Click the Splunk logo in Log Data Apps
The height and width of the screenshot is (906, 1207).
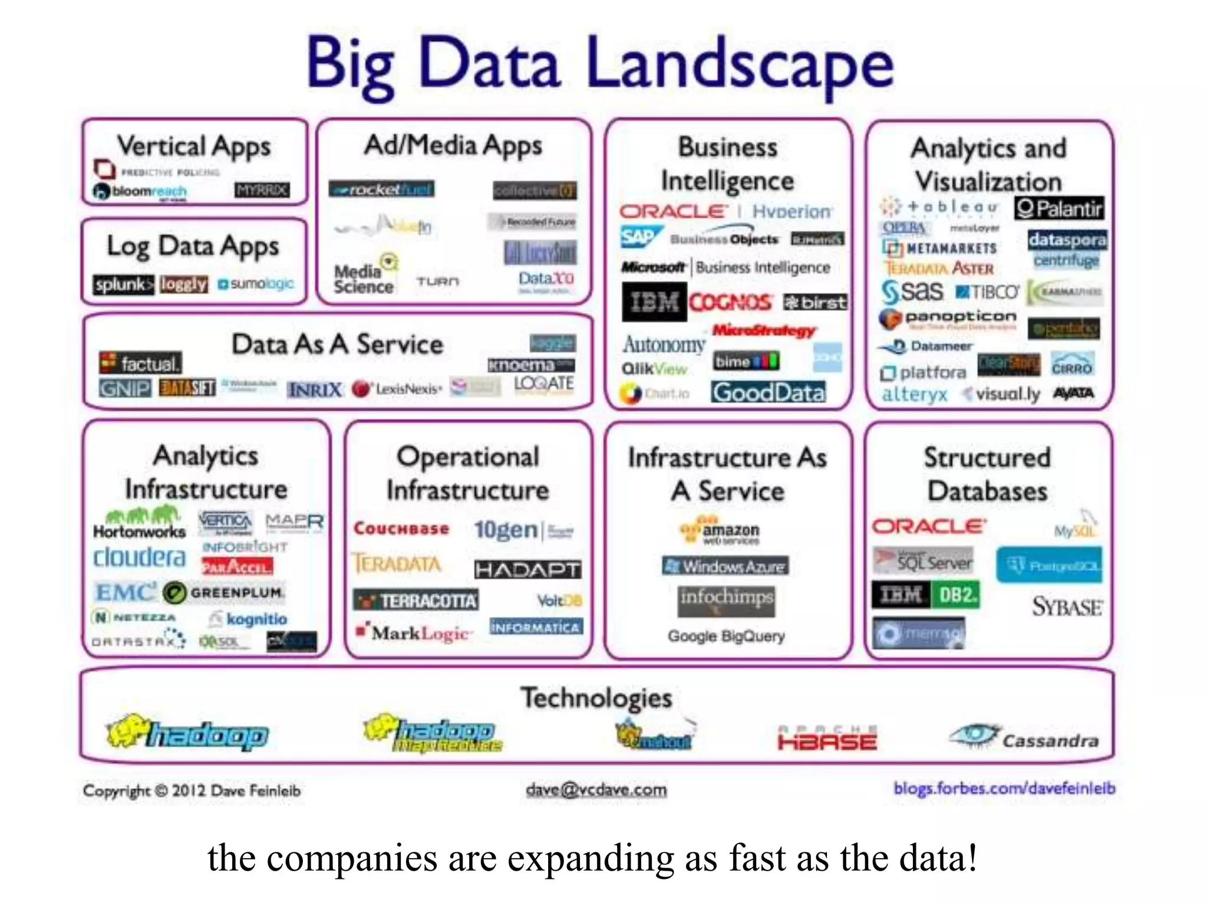(123, 285)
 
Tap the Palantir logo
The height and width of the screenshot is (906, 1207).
(1059, 208)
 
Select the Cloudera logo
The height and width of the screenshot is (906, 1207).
(139, 557)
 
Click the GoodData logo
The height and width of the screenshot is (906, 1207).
(769, 392)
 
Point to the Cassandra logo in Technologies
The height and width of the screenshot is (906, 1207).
(1024, 737)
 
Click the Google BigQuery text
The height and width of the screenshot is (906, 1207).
(726, 636)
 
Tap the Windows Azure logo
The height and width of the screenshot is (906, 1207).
(725, 566)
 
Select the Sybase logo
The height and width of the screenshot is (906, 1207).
(1067, 607)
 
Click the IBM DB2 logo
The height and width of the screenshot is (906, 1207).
(925, 595)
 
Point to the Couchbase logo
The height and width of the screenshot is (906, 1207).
(401, 528)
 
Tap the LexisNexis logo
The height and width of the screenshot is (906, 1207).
(397, 389)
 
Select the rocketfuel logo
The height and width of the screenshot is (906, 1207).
(381, 189)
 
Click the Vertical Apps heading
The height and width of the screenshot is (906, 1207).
(194, 146)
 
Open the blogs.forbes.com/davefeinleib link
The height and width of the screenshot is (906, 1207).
(1004, 788)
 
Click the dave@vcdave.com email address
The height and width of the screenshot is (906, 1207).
(596, 789)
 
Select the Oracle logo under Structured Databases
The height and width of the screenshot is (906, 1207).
(928, 526)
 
